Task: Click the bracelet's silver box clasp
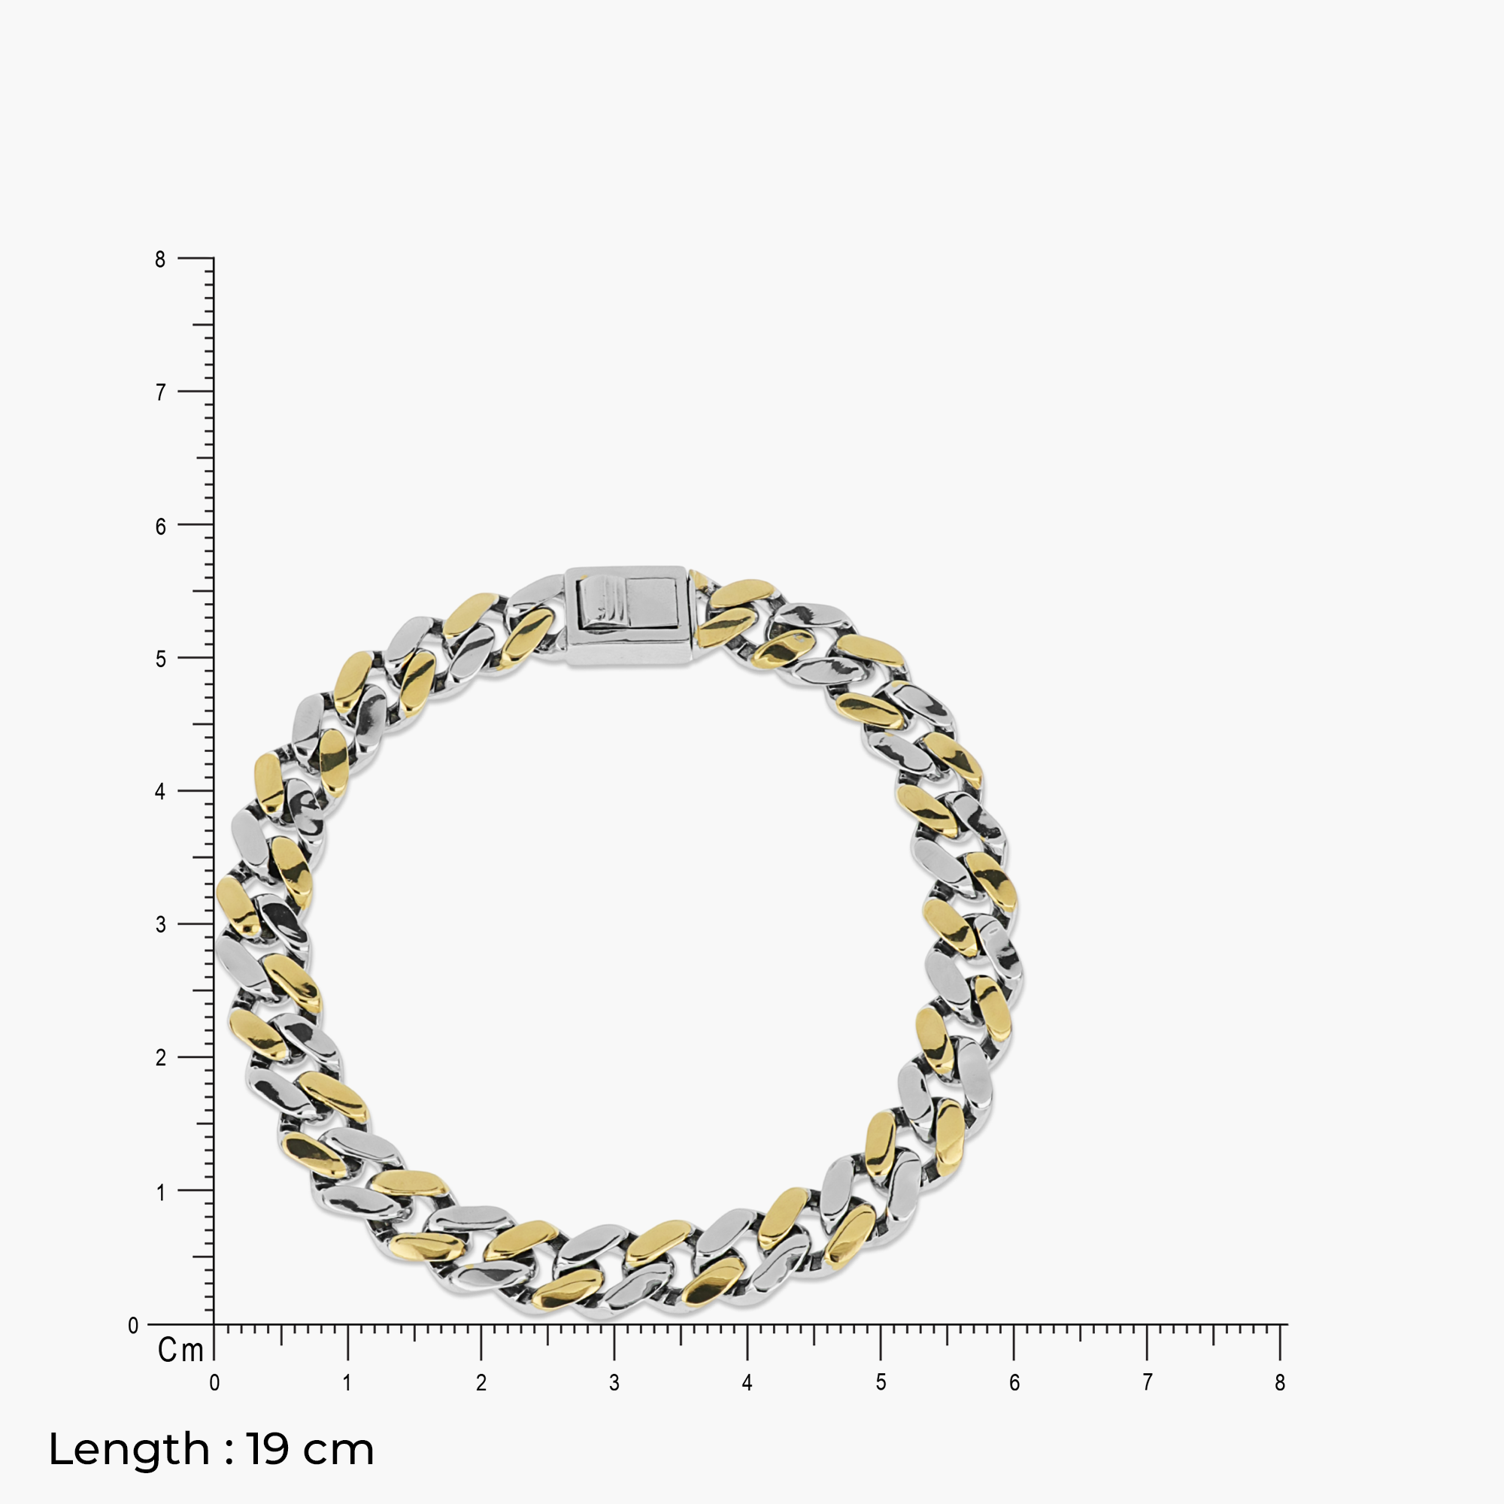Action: [x=627, y=616]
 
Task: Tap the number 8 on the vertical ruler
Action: [x=160, y=260]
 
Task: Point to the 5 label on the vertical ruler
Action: [x=160, y=660]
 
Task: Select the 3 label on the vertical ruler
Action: [x=160, y=925]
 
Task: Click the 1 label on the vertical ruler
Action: [x=160, y=1192]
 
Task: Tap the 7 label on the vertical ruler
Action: [x=160, y=393]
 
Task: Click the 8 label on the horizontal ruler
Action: [x=1280, y=1383]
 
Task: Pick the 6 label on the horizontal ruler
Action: [x=1014, y=1383]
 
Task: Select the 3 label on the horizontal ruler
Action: [x=614, y=1383]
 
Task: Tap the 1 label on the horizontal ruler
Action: [x=347, y=1383]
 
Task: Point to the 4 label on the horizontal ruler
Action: [x=747, y=1383]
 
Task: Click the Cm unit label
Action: [x=180, y=1351]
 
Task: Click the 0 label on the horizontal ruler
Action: [x=214, y=1383]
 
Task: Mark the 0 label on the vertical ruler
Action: [x=133, y=1326]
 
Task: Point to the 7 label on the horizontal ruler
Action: [x=1147, y=1383]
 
